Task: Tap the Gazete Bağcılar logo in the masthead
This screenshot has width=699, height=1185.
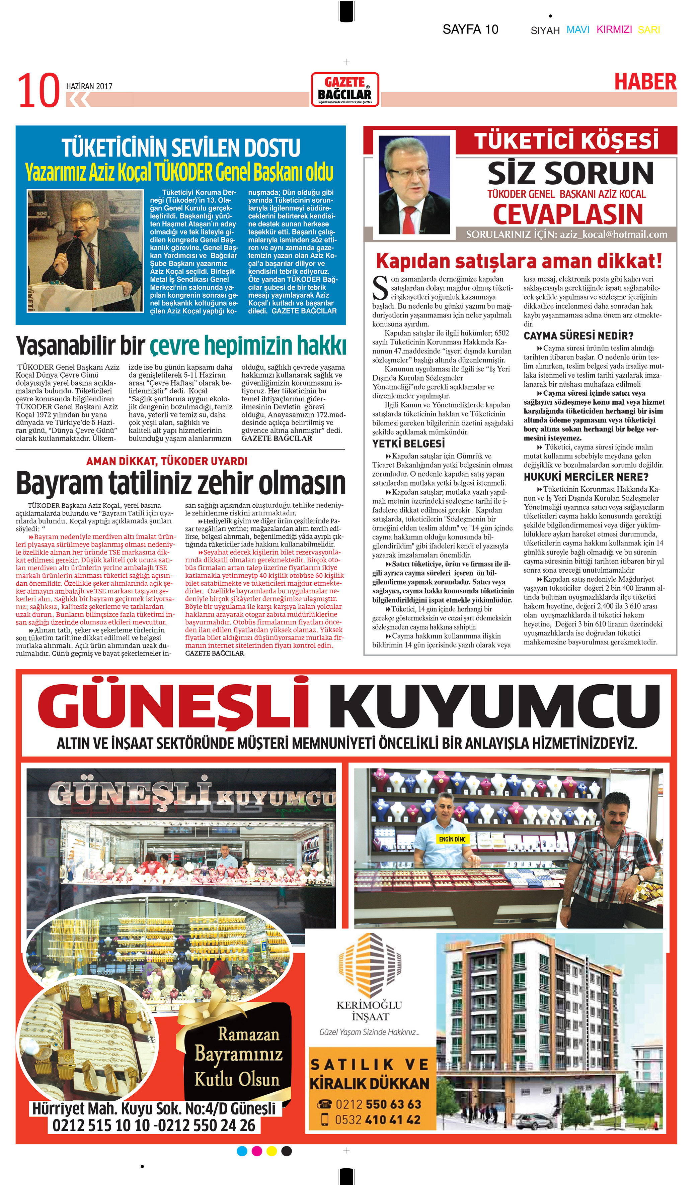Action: click(x=345, y=89)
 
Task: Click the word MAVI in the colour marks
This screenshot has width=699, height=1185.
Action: click(x=577, y=30)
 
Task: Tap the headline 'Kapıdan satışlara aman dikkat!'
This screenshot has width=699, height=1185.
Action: click(x=519, y=261)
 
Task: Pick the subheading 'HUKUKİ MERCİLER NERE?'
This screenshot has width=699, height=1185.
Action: click(x=586, y=477)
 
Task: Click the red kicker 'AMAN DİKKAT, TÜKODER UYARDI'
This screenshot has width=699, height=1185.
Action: click(x=167, y=461)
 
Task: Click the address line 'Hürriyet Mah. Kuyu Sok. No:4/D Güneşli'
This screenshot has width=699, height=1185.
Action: click(x=154, y=1108)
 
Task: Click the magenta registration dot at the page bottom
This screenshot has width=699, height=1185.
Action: click(x=257, y=1151)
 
